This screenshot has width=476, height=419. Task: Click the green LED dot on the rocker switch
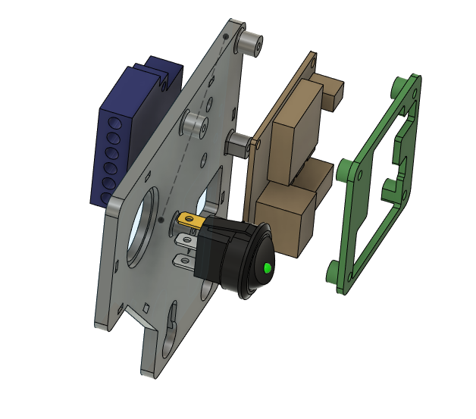coord(268,267)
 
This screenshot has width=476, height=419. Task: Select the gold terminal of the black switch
coord(190,221)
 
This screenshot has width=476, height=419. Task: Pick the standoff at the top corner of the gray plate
coord(251,43)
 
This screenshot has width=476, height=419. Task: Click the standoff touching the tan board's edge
coord(240,144)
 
